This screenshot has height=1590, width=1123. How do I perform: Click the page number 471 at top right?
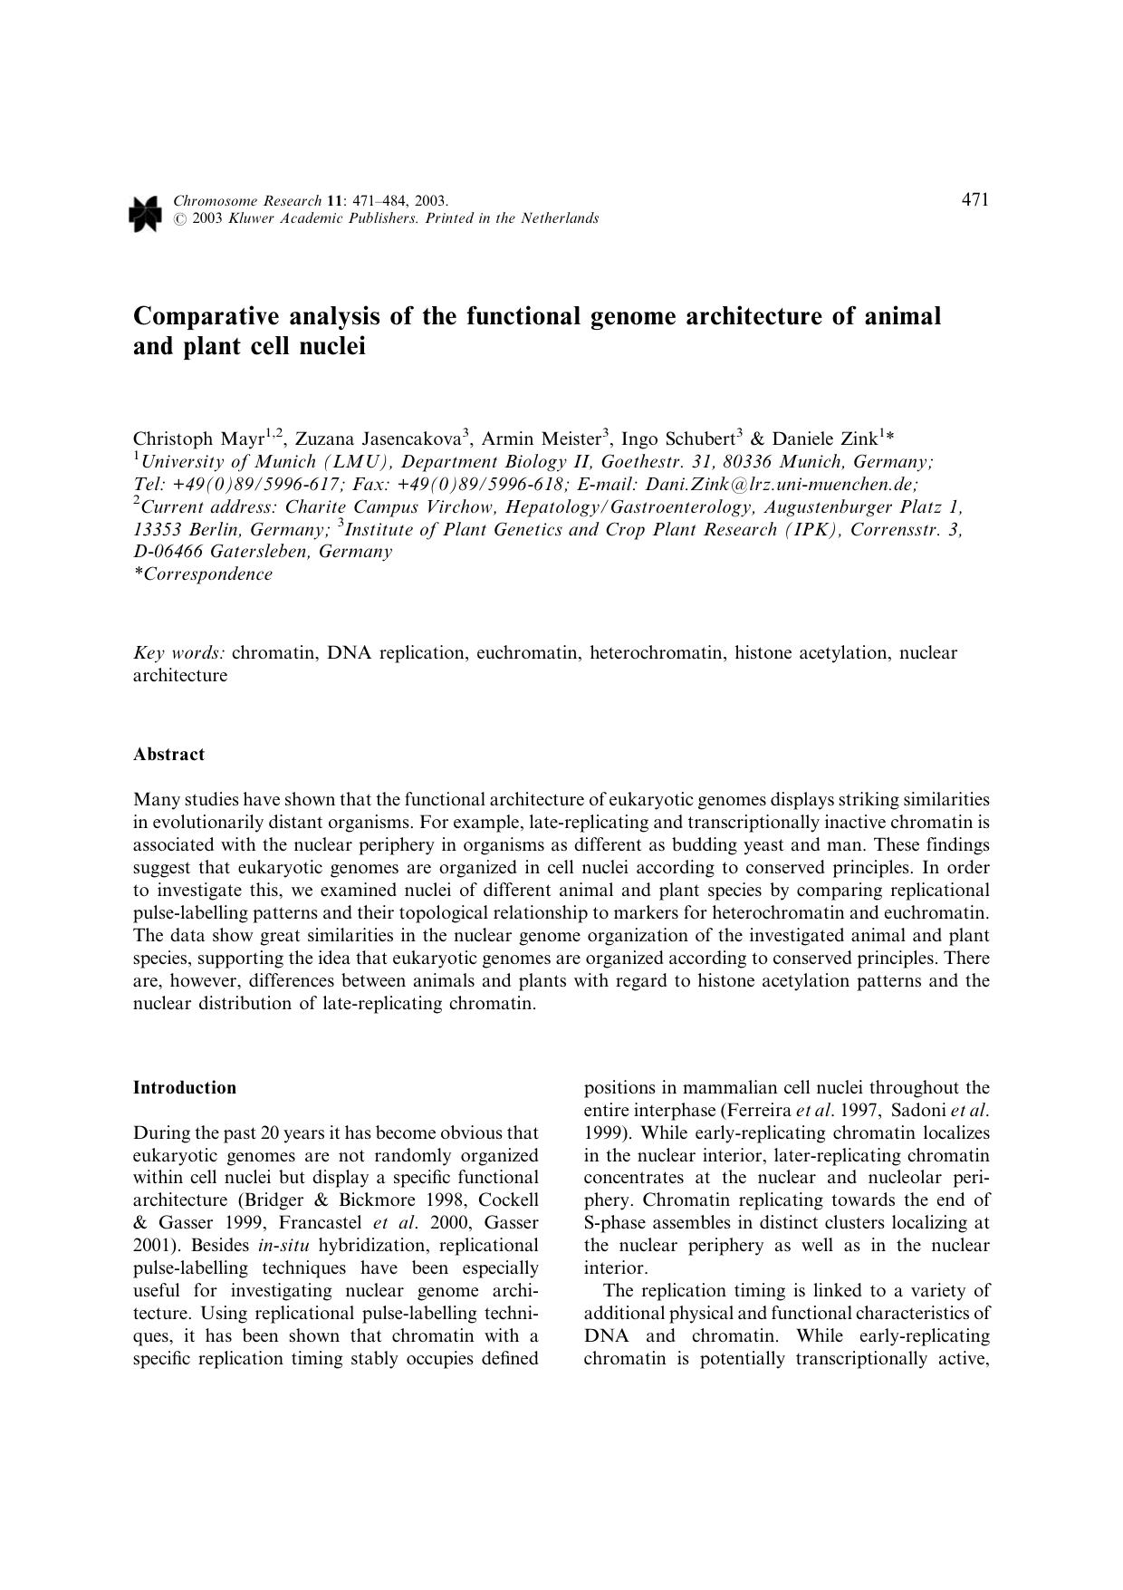(x=974, y=200)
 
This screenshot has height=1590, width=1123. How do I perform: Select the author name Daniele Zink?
(x=824, y=439)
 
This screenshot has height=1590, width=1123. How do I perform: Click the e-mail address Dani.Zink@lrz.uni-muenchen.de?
(x=781, y=485)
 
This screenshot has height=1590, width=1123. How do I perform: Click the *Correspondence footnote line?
(x=202, y=574)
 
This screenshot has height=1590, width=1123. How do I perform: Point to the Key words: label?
(x=178, y=653)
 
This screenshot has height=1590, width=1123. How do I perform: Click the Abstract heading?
(x=168, y=755)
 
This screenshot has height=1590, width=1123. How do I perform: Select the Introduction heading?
(x=184, y=1088)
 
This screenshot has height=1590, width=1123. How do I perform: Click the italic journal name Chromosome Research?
(x=246, y=201)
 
